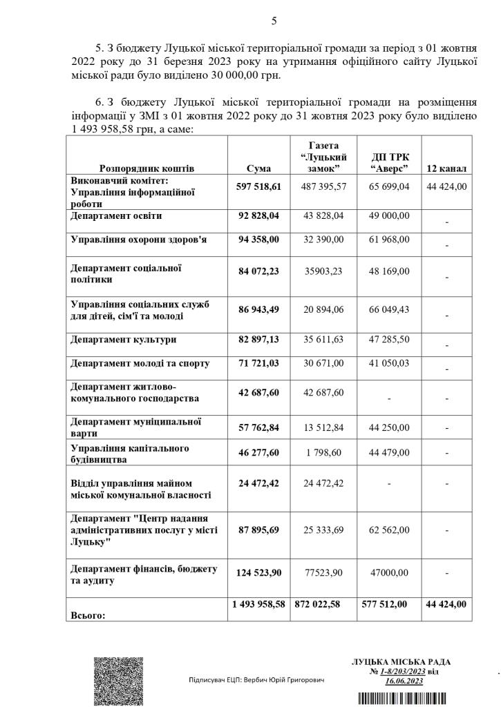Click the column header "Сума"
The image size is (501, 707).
(258, 168)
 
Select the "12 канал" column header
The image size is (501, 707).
(446, 168)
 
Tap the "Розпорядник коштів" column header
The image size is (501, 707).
(146, 168)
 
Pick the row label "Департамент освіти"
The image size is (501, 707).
(116, 216)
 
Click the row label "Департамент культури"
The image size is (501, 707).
(123, 340)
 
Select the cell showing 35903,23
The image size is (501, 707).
(323, 272)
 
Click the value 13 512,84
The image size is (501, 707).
(323, 426)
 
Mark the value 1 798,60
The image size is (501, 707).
(323, 453)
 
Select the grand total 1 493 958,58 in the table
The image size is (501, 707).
(258, 604)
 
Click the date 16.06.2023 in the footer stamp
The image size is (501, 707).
(404, 681)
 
